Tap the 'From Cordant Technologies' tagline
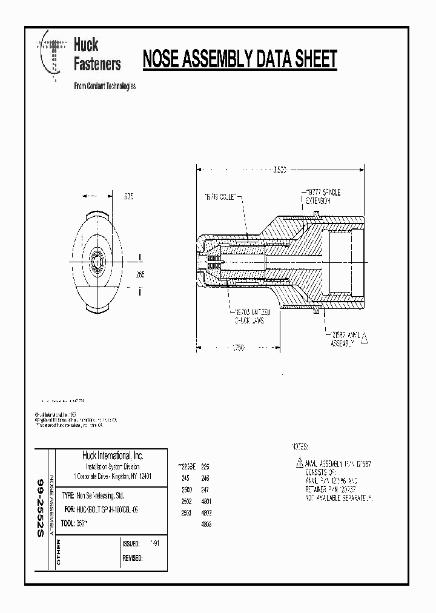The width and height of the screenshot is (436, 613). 104,86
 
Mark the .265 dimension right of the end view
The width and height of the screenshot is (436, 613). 140,274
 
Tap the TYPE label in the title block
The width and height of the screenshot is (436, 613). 67,495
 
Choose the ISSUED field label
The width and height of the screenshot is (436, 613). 131,544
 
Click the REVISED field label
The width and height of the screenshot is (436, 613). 133,558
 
